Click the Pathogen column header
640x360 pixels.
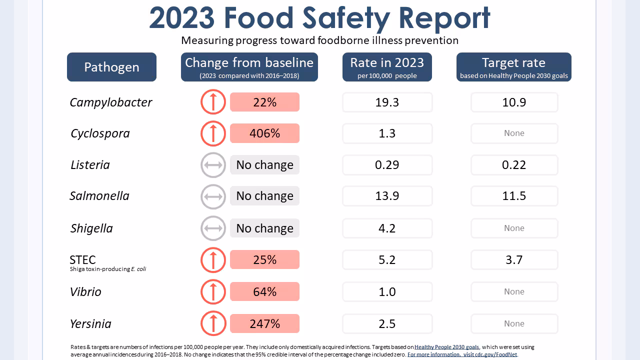click(x=111, y=67)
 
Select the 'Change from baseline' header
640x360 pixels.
click(x=249, y=67)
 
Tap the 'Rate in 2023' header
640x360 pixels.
click(x=387, y=67)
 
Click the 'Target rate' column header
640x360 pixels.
click(x=513, y=67)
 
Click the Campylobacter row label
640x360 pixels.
click(x=111, y=102)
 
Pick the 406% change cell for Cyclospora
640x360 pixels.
click(x=264, y=133)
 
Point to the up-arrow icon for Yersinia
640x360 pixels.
click(x=213, y=323)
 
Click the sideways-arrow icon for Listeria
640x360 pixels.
click(x=213, y=165)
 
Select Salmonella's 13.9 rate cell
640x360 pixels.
click(x=387, y=196)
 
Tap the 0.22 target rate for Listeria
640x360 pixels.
click(x=514, y=165)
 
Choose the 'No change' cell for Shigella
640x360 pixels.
click(x=264, y=228)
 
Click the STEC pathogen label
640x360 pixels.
click(x=83, y=260)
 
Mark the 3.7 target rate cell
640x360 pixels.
click(x=514, y=260)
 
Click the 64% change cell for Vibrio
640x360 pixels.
click(x=264, y=292)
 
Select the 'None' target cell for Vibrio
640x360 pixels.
click(x=514, y=292)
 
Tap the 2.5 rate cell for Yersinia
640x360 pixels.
click(x=387, y=323)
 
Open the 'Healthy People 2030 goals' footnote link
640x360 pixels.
click(x=446, y=347)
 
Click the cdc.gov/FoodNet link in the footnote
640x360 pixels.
click(x=462, y=354)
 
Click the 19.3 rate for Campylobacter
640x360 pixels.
click(x=387, y=102)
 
